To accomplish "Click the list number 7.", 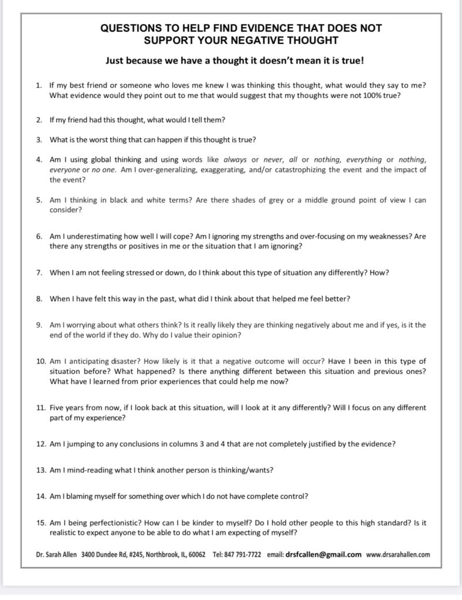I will click(39, 272).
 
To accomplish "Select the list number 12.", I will click(40, 444).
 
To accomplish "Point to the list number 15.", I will click(40, 521).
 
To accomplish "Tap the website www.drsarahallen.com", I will click(398, 554).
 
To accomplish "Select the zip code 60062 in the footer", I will click(195, 554).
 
